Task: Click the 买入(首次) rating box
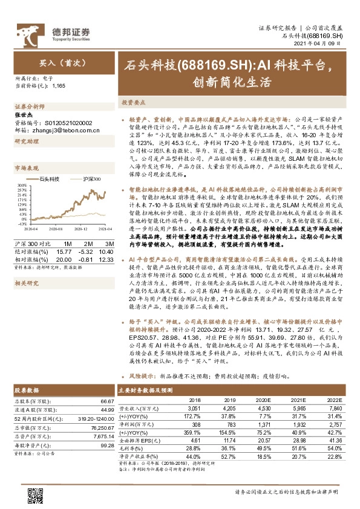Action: point(54,63)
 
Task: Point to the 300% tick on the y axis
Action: point(21,185)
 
